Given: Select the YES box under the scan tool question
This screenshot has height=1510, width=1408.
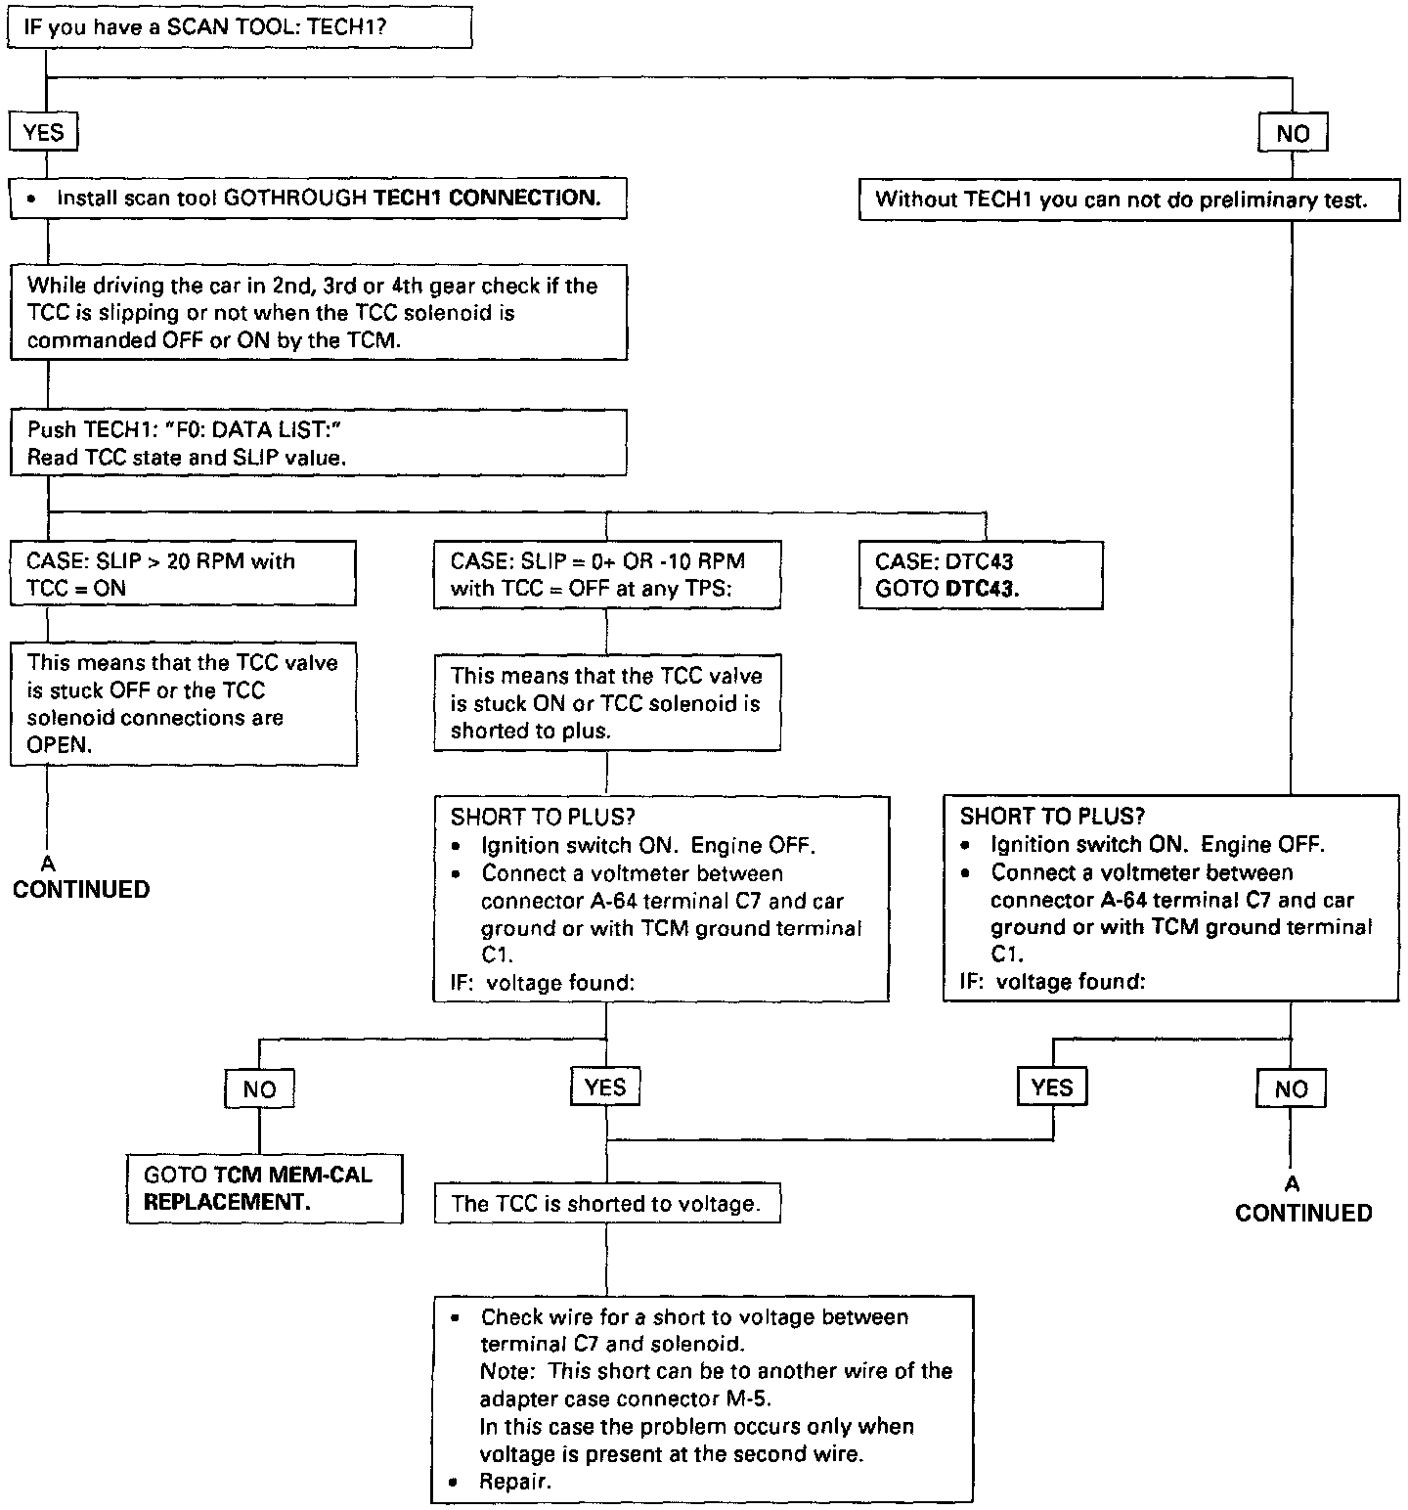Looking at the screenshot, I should point(43,132).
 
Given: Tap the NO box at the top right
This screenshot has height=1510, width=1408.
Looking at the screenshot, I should point(1292,133).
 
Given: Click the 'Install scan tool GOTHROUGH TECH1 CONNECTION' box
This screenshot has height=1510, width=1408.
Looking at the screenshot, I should point(318,199).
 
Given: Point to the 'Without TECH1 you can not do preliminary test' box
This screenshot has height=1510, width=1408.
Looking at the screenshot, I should point(1128,200).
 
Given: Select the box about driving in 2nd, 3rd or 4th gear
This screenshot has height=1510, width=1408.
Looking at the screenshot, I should point(318,313).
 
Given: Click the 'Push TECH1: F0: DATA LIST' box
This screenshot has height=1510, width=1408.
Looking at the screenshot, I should point(318,443).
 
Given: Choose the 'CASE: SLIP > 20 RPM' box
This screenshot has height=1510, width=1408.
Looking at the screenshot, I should point(183,574).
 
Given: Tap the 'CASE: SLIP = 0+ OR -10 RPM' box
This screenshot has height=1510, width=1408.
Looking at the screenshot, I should point(606,575).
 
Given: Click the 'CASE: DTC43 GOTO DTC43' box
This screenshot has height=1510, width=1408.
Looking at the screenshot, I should point(980,575).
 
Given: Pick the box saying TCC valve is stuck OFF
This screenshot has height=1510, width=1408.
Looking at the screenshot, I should point(183,703).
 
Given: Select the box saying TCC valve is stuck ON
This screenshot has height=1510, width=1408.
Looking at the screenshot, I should point(606,703).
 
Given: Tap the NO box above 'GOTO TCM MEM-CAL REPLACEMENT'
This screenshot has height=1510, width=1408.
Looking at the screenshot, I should point(259,1088).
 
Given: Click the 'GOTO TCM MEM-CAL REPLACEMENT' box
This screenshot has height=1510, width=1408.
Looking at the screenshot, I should point(264,1188).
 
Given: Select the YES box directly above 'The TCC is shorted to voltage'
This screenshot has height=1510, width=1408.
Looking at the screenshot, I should point(605,1087).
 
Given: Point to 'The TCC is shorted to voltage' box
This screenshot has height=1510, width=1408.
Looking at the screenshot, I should point(607,1204).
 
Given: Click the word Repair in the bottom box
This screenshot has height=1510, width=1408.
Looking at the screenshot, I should point(515,1482).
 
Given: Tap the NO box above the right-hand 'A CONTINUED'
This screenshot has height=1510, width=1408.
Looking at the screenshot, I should point(1291,1088).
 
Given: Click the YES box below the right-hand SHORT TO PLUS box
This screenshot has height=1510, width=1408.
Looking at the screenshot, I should point(1052,1088).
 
